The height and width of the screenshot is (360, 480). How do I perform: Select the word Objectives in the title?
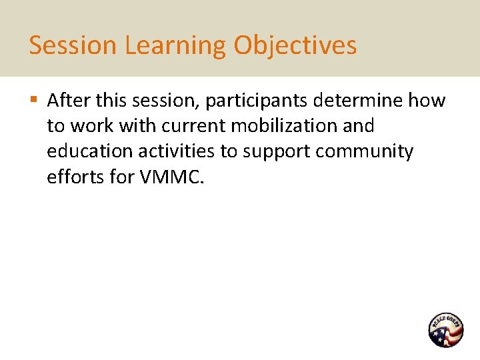tap(295, 45)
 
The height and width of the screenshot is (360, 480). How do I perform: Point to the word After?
tap(69, 101)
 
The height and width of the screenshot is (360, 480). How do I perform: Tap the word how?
tap(427, 101)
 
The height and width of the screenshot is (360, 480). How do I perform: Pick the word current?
tap(194, 126)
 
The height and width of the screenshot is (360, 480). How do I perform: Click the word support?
tap(277, 151)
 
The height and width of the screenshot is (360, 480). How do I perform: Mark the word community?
tap(365, 151)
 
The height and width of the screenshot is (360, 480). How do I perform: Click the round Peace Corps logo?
tap(445, 330)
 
